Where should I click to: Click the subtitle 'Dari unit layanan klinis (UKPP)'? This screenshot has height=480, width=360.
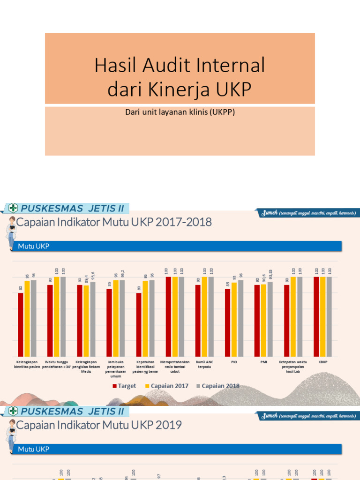point(180,112)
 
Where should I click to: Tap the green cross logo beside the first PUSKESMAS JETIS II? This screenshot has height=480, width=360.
point(13,208)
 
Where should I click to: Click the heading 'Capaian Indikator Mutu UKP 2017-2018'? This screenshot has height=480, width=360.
point(114,222)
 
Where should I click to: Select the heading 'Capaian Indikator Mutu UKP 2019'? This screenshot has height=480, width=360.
point(99,425)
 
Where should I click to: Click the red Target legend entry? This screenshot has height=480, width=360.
point(124,386)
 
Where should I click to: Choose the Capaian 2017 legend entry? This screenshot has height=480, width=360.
point(167,386)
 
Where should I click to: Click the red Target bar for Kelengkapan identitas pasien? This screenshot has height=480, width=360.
point(21,324)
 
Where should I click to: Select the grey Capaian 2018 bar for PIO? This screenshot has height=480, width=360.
point(240,318)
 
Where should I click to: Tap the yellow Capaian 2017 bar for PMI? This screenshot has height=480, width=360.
point(263,320)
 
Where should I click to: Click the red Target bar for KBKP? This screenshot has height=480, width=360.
point(316,316)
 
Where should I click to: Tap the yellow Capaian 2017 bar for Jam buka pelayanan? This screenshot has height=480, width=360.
point(116,318)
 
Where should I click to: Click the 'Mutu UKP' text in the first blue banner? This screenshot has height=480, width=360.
point(34,246)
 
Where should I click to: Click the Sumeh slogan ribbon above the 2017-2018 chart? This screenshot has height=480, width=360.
point(307,213)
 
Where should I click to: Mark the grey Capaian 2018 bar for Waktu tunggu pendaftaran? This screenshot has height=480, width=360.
point(63,316)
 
